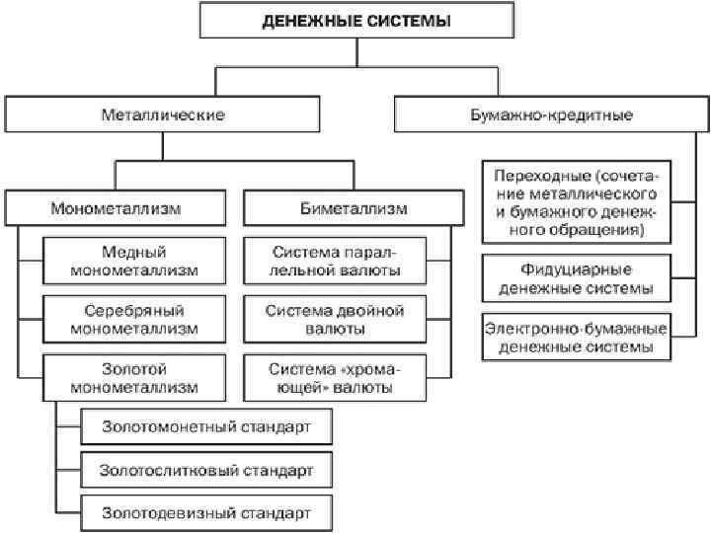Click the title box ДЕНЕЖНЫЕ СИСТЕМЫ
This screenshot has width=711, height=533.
click(357, 21)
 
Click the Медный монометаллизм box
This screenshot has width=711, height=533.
click(134, 260)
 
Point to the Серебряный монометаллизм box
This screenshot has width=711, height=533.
click(134, 318)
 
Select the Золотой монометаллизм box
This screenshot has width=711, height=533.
click(134, 377)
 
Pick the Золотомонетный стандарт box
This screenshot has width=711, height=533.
click(206, 427)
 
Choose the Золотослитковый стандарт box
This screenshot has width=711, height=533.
click(206, 470)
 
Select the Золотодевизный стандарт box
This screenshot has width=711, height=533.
click(206, 512)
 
